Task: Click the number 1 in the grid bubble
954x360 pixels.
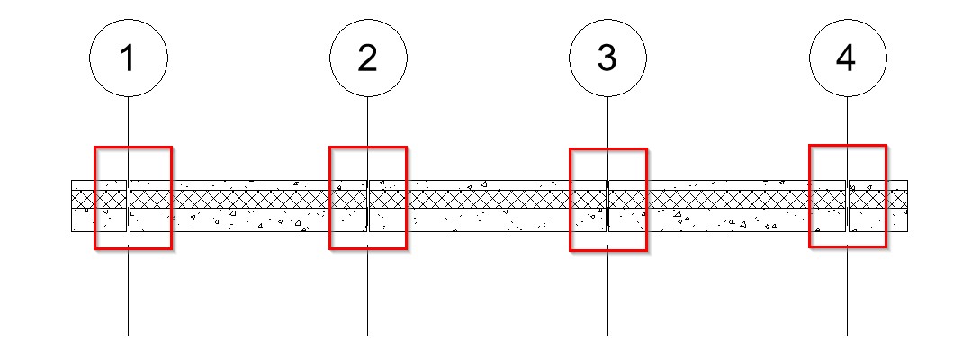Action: (128, 58)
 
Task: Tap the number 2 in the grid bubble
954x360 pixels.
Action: (367, 58)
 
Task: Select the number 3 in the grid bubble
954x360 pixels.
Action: (607, 58)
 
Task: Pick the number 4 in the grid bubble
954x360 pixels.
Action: (846, 58)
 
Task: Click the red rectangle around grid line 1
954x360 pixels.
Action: (95, 198)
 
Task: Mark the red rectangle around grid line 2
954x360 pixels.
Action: (330, 198)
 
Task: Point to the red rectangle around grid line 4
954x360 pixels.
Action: (810, 196)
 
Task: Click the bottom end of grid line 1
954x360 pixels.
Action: (128, 335)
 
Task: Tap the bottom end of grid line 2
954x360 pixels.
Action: (367, 335)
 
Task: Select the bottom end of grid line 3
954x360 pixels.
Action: (607, 335)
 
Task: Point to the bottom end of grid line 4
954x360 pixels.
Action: (847, 335)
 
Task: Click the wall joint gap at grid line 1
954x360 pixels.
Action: (128, 206)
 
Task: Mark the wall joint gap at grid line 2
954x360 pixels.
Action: (367, 206)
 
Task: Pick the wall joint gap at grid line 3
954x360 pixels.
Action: (607, 206)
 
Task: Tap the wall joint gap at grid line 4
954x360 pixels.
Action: (847, 206)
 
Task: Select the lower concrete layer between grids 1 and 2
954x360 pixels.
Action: (247, 220)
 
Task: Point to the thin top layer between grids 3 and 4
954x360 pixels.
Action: (727, 185)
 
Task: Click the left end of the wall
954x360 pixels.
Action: (72, 206)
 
